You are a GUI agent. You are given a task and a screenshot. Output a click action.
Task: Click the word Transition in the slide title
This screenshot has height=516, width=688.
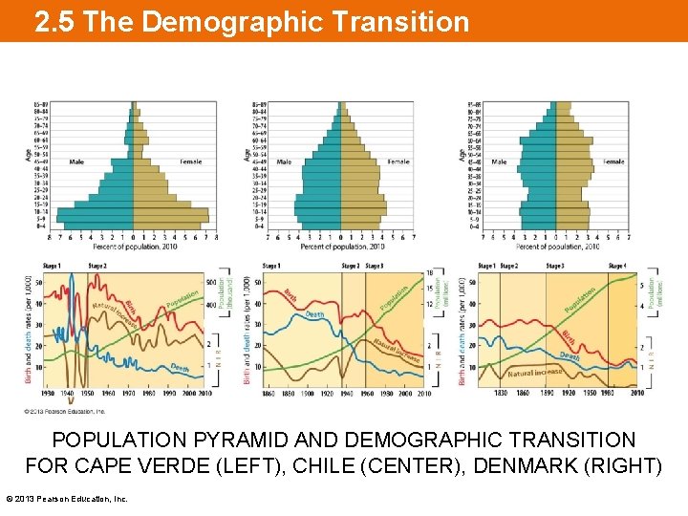pos(402,21)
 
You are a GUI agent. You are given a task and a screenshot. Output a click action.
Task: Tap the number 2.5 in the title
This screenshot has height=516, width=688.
pos(55,21)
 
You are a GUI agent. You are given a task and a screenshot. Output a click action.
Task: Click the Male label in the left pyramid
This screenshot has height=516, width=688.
pos(76,161)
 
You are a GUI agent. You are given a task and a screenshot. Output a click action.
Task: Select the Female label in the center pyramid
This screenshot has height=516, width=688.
pos(398,161)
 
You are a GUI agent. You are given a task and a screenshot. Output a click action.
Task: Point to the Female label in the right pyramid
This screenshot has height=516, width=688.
pos(613,161)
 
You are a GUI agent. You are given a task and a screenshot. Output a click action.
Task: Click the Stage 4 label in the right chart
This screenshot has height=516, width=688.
pos(617,266)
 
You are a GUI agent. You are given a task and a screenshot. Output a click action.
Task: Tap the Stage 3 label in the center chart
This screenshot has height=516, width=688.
pos(375,266)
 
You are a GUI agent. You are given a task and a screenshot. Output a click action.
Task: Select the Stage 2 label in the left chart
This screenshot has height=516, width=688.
pos(97,266)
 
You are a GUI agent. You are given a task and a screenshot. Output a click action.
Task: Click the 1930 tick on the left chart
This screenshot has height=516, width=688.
pos(48,393)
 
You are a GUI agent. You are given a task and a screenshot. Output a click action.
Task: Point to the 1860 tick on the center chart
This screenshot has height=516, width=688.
pos(268,393)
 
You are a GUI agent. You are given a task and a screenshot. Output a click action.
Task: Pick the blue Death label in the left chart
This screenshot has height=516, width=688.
pos(180,367)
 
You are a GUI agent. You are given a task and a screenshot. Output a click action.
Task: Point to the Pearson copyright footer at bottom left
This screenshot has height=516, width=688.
pos(67,499)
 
